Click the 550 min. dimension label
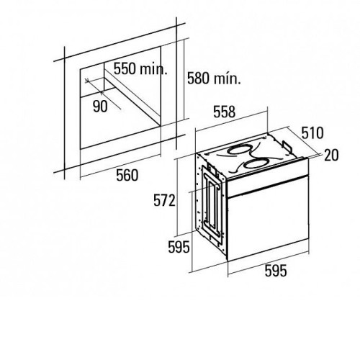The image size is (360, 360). pyautogui.click(x=140, y=69)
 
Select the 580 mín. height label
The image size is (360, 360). pyautogui.click(x=214, y=78)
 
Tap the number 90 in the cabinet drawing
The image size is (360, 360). pyautogui.click(x=100, y=107)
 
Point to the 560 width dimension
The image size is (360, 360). pyautogui.click(x=127, y=175)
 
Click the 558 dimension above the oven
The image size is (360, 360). pyautogui.click(x=225, y=112)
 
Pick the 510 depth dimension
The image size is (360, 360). pyautogui.click(x=312, y=133)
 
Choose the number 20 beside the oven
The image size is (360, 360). pyautogui.click(x=331, y=155)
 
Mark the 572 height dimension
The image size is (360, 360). pyautogui.click(x=164, y=200)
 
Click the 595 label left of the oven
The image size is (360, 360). pyautogui.click(x=179, y=247)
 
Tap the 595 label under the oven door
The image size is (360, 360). pyautogui.click(x=276, y=271)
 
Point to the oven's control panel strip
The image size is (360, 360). pyautogui.click(x=267, y=177)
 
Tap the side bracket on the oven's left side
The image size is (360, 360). pyautogui.click(x=211, y=204)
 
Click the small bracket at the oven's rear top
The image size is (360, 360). pyautogui.click(x=287, y=145)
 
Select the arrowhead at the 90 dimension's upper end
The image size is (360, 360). pyautogui.click(x=87, y=80)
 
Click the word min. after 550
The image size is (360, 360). pyautogui.click(x=153, y=69)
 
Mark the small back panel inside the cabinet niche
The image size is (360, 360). pyautogui.click(x=92, y=80)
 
